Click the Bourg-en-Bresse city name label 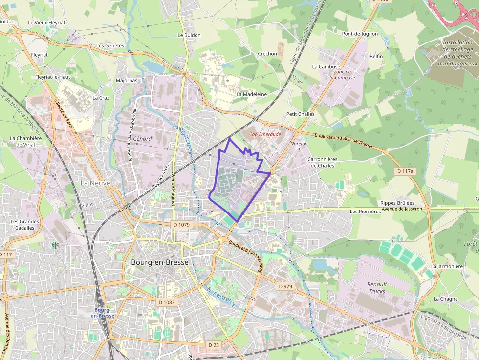[x=160, y=262]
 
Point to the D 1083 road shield [x=167, y=302]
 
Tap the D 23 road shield [x=214, y=345]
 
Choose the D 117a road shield [x=405, y=171]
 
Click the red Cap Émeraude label [x=265, y=134]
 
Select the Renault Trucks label [x=377, y=288]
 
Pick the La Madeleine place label [x=252, y=94]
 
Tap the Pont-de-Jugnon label [x=360, y=34]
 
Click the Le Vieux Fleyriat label [x=46, y=23]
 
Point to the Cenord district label [x=142, y=139]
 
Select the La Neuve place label [x=95, y=183]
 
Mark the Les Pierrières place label [x=365, y=212]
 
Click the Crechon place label [x=267, y=54]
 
